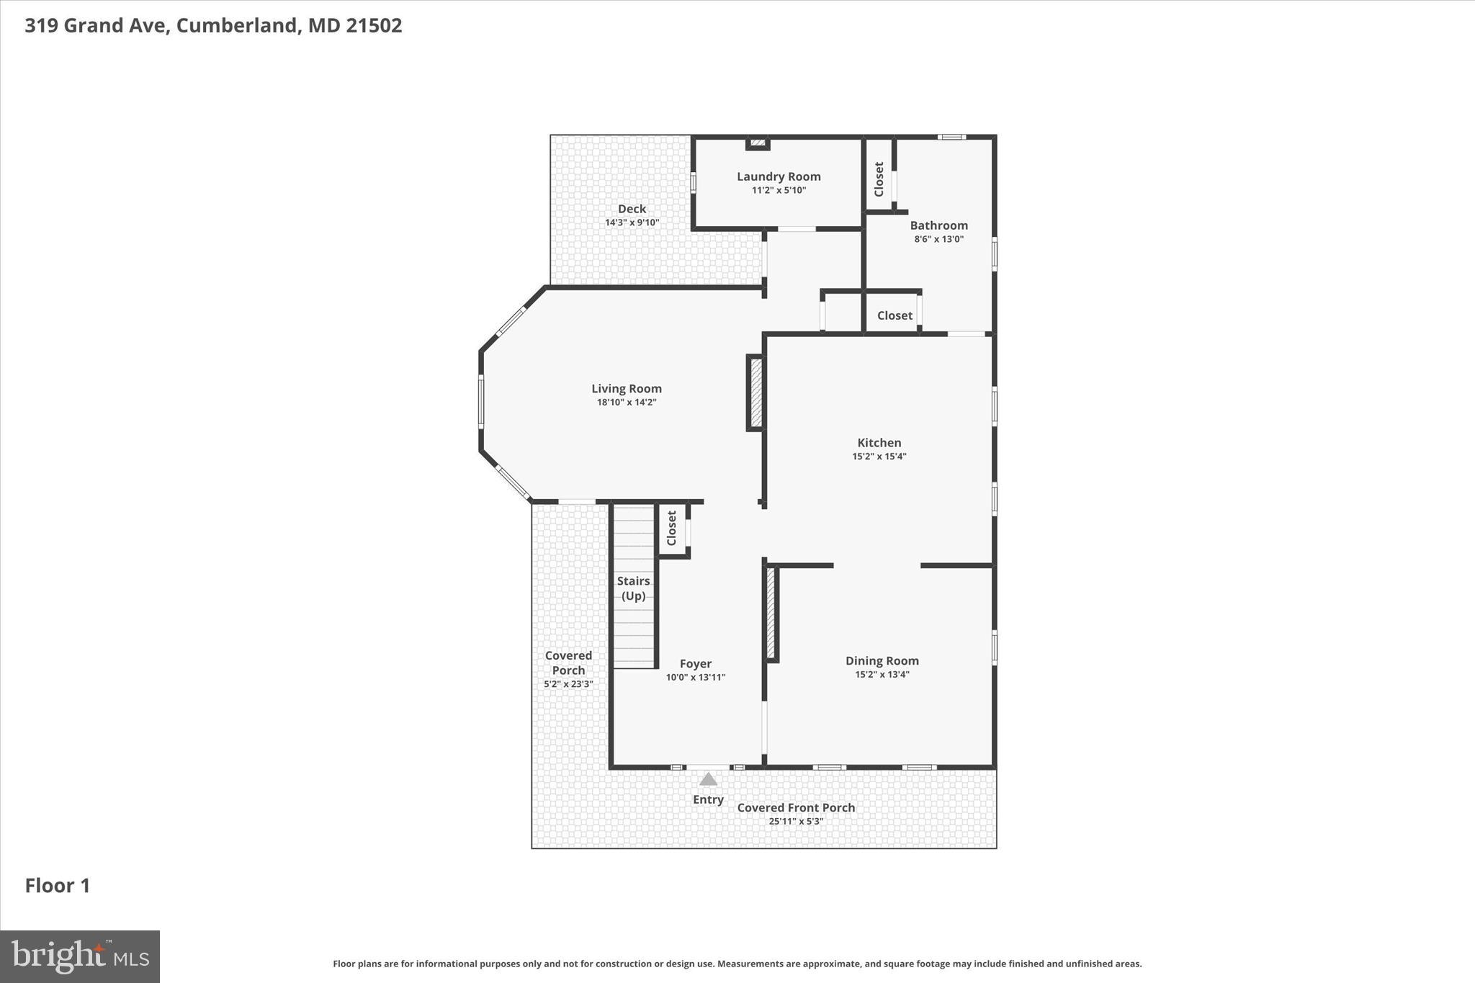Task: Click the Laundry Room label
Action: (779, 176)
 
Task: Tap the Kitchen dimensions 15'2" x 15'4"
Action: (879, 457)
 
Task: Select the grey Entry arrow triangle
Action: (708, 779)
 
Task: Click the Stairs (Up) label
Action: (633, 588)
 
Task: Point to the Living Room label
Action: (626, 389)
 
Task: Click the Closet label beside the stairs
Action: (671, 528)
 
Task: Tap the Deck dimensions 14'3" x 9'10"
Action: (632, 223)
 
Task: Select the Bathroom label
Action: (938, 225)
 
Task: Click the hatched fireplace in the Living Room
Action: (756, 393)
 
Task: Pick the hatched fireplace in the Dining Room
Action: (770, 613)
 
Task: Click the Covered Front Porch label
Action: (796, 808)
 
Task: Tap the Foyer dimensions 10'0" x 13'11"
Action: (695, 678)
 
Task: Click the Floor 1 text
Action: (58, 886)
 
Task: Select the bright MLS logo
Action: (80, 956)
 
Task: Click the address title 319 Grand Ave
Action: (213, 26)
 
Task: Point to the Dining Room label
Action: (882, 661)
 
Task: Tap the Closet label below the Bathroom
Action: (895, 315)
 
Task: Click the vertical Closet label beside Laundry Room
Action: (879, 179)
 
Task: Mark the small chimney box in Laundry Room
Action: (757, 143)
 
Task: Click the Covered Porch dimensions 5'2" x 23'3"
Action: (568, 684)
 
